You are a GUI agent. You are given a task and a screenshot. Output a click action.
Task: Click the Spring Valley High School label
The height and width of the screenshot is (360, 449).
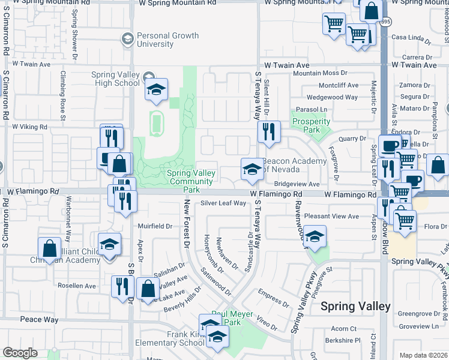(115, 79)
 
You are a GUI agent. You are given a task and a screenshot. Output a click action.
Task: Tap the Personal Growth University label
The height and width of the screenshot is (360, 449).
(167, 40)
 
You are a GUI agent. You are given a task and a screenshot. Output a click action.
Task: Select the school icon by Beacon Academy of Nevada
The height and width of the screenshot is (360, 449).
(252, 170)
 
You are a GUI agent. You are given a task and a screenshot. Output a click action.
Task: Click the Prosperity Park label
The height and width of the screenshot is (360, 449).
(311, 125)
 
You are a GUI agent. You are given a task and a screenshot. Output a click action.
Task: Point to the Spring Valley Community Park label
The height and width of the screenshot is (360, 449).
(190, 178)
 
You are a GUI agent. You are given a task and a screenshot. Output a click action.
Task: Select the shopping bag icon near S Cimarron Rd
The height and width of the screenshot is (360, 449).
(49, 249)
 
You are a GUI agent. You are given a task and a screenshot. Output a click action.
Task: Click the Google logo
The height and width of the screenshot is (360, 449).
(20, 353)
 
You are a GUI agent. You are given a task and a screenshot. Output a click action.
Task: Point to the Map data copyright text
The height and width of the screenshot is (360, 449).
(423, 355)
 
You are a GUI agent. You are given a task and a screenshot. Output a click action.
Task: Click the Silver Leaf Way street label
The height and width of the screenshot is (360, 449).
(223, 203)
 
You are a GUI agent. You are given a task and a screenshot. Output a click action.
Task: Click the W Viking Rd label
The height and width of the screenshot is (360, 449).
(29, 127)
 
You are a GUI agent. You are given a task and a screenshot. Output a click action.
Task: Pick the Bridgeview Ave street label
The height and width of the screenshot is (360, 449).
(297, 184)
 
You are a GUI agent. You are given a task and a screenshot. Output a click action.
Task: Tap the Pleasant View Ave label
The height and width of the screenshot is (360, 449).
(331, 216)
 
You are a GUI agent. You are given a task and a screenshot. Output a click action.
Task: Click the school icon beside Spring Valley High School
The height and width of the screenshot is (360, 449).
(156, 91)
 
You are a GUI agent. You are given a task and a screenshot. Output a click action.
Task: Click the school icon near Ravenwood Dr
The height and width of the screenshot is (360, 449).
(314, 237)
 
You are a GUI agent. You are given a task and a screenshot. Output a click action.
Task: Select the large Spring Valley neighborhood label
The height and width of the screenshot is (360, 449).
(355, 306)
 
